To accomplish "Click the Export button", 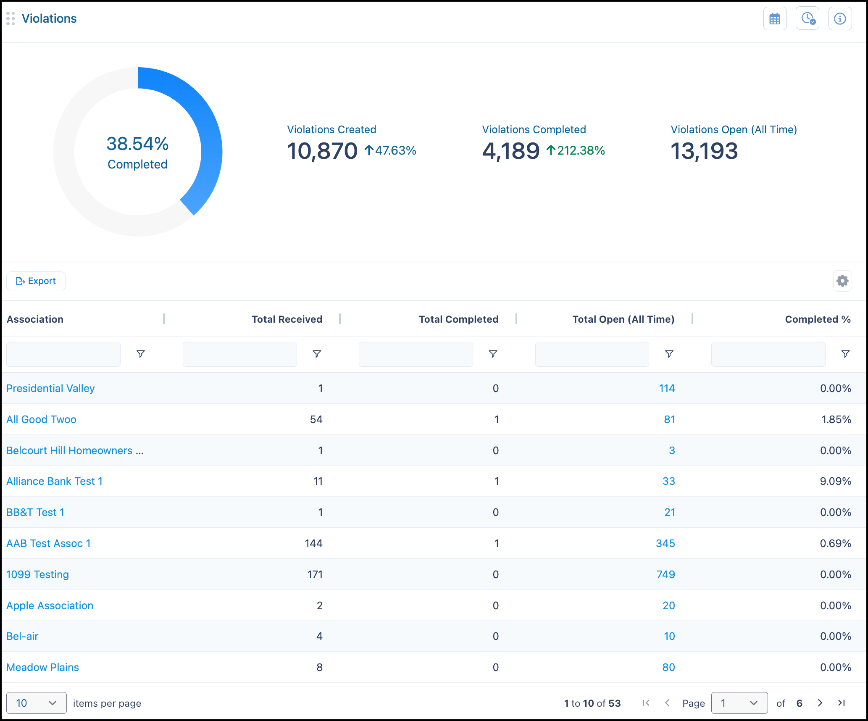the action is tap(36, 281).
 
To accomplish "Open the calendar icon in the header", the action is tap(775, 18).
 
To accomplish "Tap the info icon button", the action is tap(840, 18).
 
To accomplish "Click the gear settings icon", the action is tap(842, 281).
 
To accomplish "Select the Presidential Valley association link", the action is tap(50, 388).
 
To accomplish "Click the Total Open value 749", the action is tap(666, 574).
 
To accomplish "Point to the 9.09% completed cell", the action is tap(835, 481).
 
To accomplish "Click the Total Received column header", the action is tap(287, 319).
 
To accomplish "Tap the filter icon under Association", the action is tap(141, 354).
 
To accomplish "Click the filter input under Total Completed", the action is tap(416, 354).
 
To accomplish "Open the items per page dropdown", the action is tap(37, 703).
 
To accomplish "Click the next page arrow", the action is tap(820, 703).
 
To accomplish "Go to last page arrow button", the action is tap(841, 703).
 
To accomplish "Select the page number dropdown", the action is tap(739, 703).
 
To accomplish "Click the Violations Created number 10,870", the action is tap(322, 151).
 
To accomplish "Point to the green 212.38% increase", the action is tap(576, 150).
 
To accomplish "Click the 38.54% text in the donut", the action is tap(137, 144).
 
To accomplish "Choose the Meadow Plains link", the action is tap(42, 667).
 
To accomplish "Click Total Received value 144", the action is tap(313, 543).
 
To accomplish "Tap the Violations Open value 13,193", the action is tap(704, 151).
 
